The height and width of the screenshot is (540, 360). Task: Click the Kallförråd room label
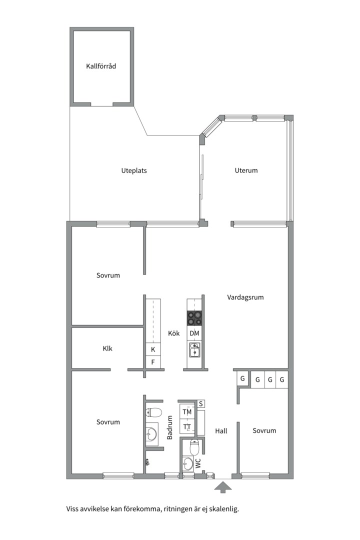coord(101,66)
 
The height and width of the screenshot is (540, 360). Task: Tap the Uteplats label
coord(134,170)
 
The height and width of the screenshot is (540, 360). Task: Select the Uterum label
coord(246,170)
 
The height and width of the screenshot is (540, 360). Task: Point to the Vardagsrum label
coord(245,297)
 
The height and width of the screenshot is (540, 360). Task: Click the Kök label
coord(174,333)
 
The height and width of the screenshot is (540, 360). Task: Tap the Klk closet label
coord(107,348)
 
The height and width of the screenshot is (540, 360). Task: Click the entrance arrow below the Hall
coord(223,487)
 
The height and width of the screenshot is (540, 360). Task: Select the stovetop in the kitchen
coord(194,318)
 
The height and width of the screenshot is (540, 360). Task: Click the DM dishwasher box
coord(194,333)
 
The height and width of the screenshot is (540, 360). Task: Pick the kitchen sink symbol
coord(194,350)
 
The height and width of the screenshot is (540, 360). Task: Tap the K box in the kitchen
coord(153,349)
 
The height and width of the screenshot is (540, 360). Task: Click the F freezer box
coord(153,362)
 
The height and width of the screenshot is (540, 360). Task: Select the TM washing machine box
coord(187,412)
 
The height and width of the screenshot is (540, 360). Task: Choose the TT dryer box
coord(187,426)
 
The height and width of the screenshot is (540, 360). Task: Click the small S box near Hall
coord(201,403)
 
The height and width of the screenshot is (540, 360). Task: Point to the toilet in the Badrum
coord(154,412)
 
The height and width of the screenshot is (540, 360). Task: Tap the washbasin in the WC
coord(188,463)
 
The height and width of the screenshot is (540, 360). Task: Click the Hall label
coord(221,431)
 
